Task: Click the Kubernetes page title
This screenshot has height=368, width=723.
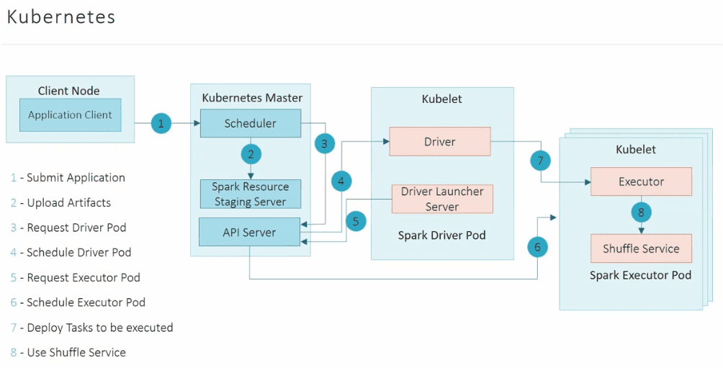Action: pyautogui.click(x=61, y=17)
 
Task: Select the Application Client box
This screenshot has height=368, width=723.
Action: pyautogui.click(x=70, y=115)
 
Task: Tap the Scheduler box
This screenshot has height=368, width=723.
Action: pyautogui.click(x=250, y=123)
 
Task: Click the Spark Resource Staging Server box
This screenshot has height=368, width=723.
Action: pyautogui.click(x=250, y=194)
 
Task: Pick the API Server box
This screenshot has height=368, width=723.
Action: pyautogui.click(x=249, y=232)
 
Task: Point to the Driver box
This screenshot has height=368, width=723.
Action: pyautogui.click(x=439, y=142)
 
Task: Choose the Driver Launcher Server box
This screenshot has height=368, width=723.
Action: pyautogui.click(x=442, y=199)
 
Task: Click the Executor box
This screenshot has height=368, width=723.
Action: pyautogui.click(x=641, y=182)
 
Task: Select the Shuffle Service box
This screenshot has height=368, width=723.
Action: pyautogui.click(x=641, y=248)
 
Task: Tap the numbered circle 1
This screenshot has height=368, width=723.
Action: pyautogui.click(x=161, y=124)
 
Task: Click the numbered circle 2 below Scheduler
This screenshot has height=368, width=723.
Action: pyautogui.click(x=251, y=153)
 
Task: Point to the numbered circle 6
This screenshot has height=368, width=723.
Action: pyautogui.click(x=537, y=247)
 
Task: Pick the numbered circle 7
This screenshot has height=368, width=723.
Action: pyautogui.click(x=541, y=161)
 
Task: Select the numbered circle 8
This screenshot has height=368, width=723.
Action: pyautogui.click(x=641, y=212)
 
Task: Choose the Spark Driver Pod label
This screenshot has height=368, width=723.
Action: pyautogui.click(x=441, y=235)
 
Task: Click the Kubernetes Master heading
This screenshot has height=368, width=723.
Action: pyautogui.click(x=252, y=97)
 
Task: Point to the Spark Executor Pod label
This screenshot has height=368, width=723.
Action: pyautogui.click(x=640, y=275)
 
